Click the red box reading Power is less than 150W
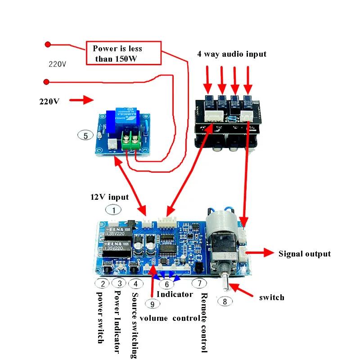click(x=123, y=53)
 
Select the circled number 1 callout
click(x=114, y=209)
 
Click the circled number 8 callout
click(x=225, y=301)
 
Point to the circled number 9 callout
click(x=153, y=304)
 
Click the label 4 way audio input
click(x=231, y=54)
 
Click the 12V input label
click(x=109, y=197)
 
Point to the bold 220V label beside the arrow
click(x=49, y=101)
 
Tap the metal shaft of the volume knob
click(x=225, y=283)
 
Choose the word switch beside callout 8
click(x=272, y=297)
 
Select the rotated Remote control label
click(x=205, y=322)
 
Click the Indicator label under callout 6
click(x=175, y=294)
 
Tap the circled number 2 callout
click(x=103, y=283)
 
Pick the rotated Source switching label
click(x=134, y=325)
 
